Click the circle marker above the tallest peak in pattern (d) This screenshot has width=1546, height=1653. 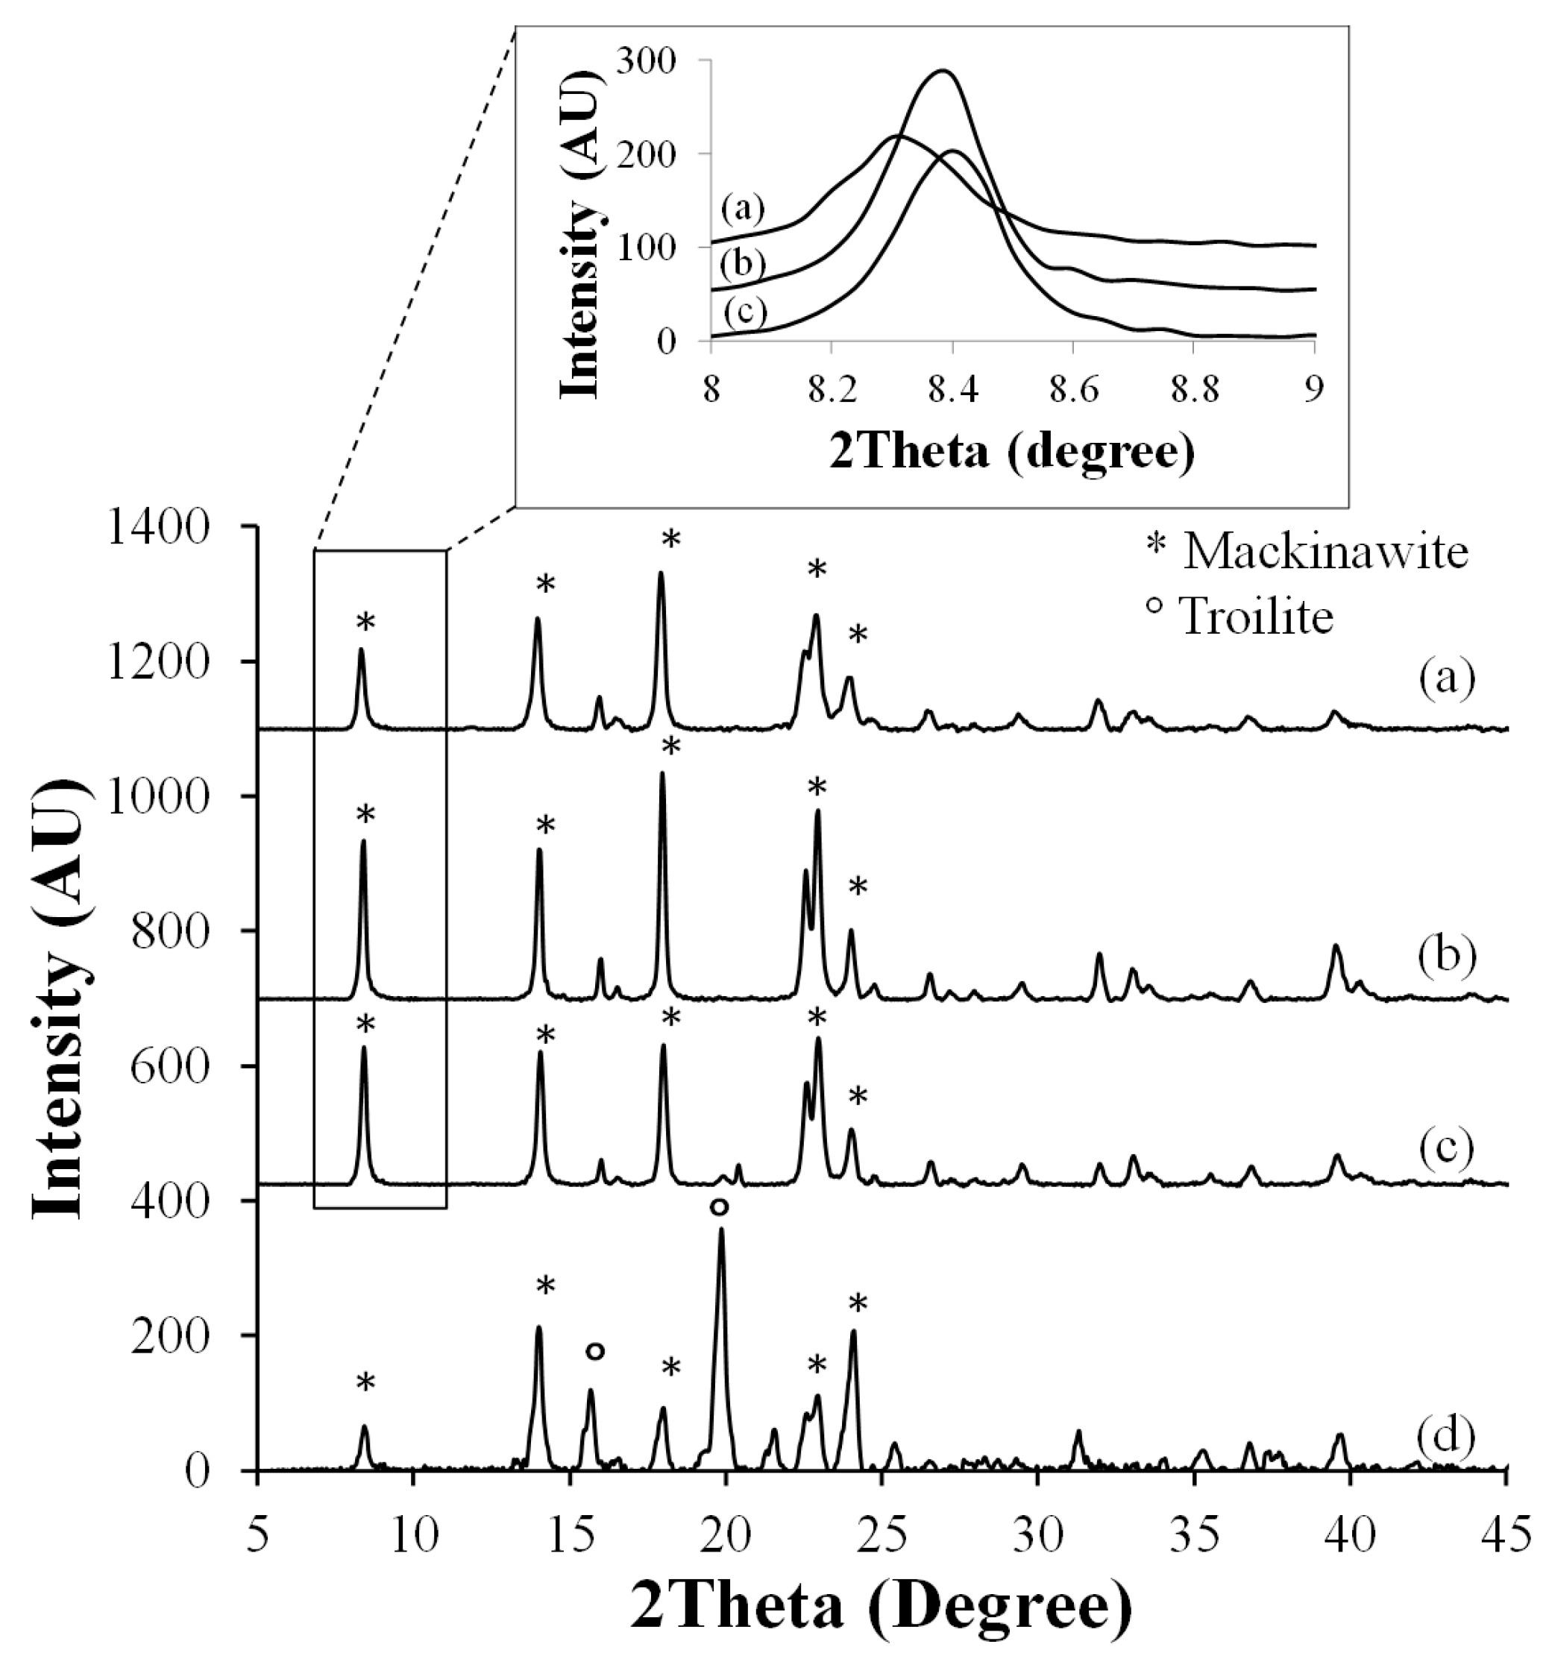click(720, 1206)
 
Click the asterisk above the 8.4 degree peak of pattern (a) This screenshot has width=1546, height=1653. click(366, 622)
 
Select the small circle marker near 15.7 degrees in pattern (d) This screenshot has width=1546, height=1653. click(594, 1351)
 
